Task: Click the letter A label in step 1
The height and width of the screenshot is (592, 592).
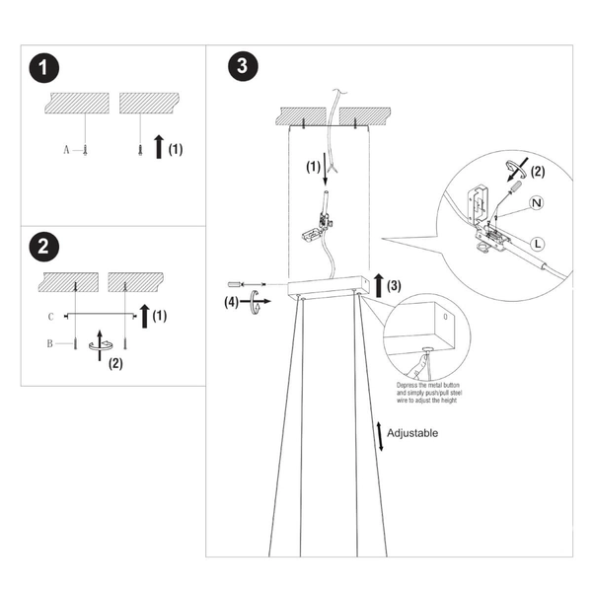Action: (67, 150)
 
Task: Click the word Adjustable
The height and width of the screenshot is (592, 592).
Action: (412, 433)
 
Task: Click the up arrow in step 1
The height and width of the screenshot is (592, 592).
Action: (158, 149)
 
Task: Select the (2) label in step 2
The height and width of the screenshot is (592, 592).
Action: (115, 363)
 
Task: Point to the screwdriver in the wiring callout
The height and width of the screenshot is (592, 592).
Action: (514, 185)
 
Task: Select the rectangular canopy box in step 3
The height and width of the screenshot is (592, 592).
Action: (328, 289)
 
